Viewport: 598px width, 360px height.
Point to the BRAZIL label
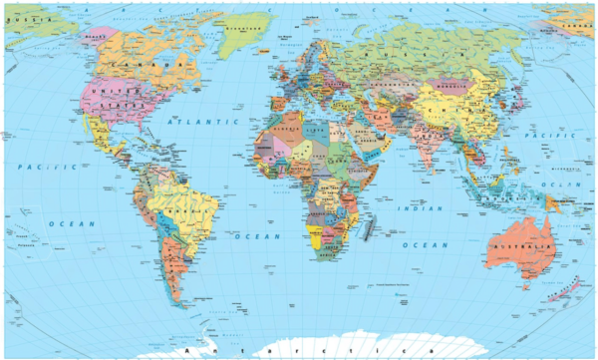tap(184, 211)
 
